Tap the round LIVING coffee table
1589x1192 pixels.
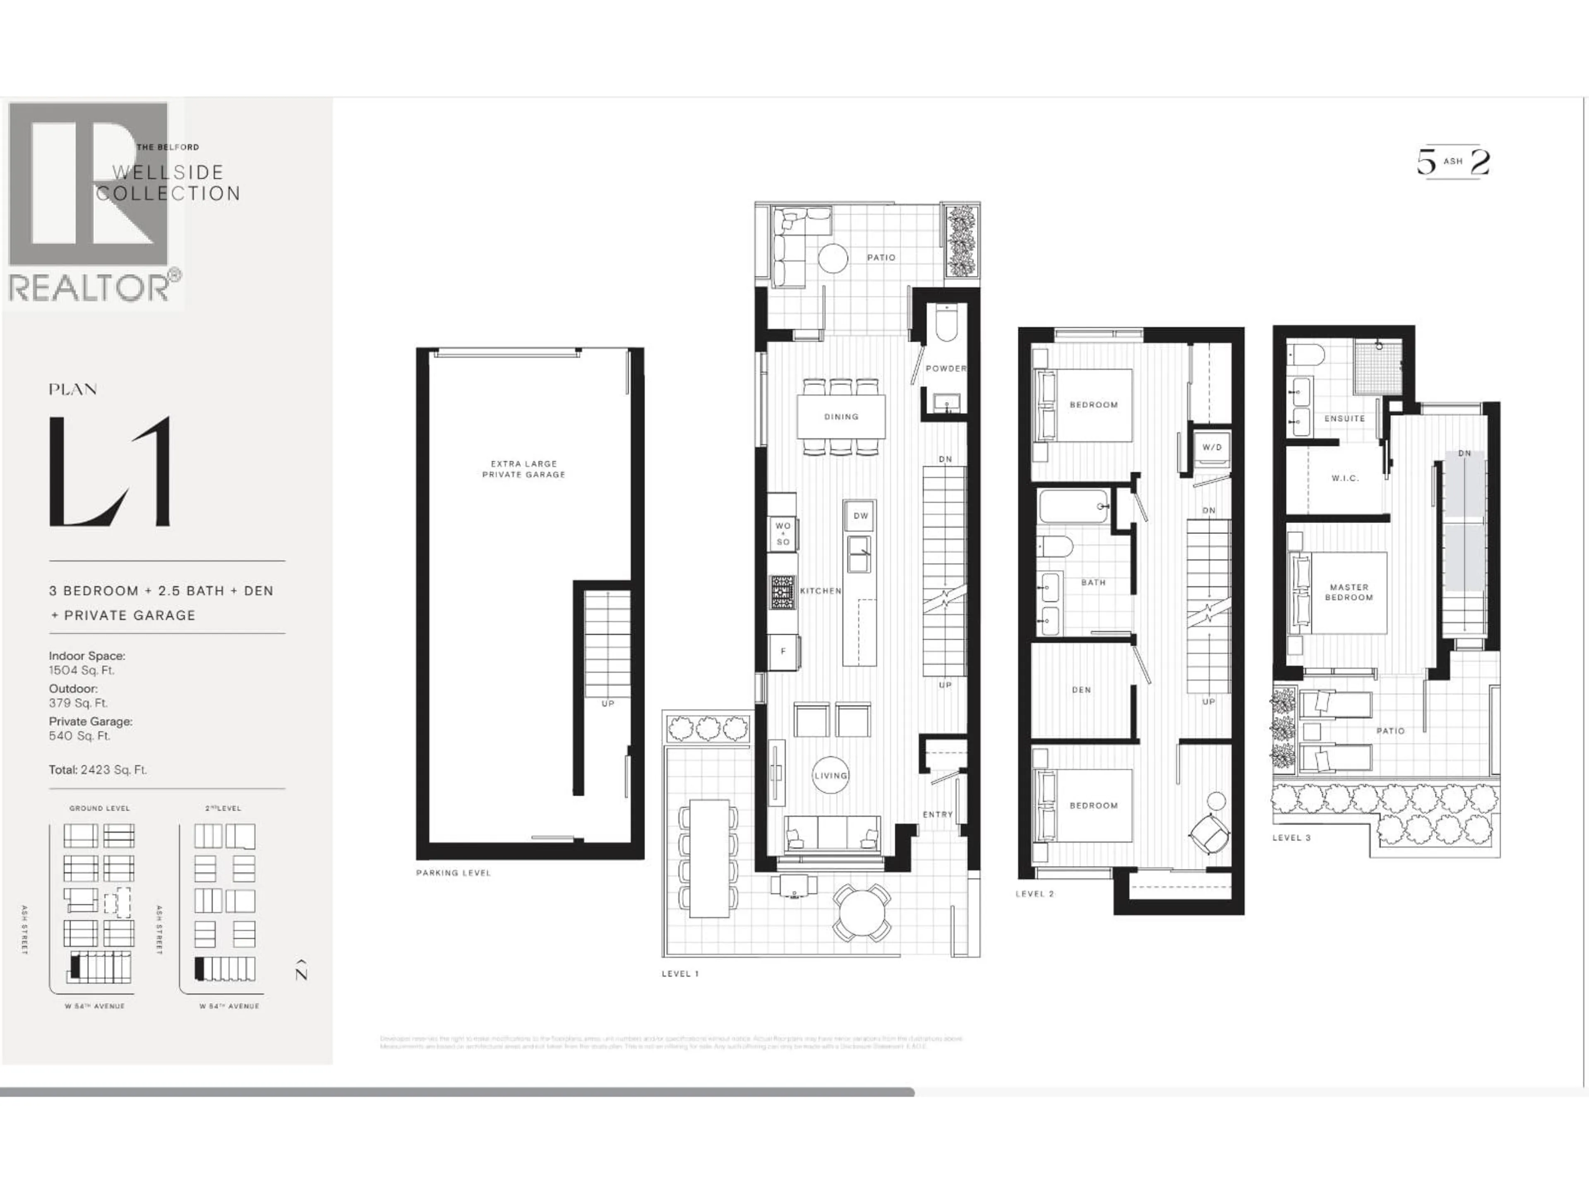pos(831,775)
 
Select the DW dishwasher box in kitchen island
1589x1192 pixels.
pos(860,515)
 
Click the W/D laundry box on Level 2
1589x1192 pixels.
pos(1212,447)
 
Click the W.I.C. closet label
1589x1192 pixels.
pos(1345,478)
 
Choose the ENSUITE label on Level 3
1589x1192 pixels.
pos(1344,418)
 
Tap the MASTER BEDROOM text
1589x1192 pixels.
pos(1348,592)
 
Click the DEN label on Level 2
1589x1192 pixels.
pos(1081,690)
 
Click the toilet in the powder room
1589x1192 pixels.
pos(947,325)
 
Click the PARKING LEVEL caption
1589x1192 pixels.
pos(453,873)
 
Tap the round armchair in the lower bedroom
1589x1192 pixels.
pos(1209,834)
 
